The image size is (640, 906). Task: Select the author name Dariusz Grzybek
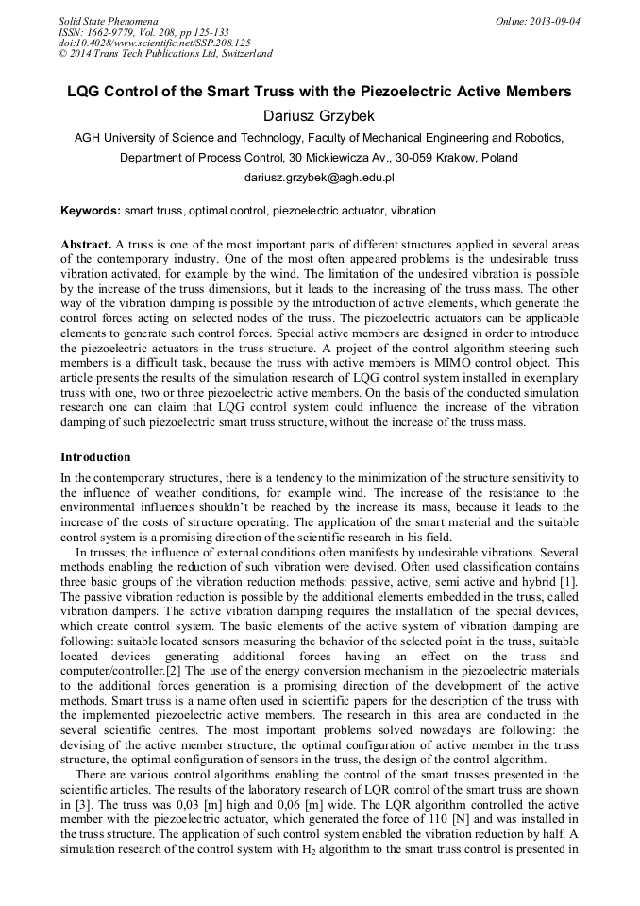pos(319,115)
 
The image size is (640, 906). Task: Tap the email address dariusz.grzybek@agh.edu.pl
pos(319,177)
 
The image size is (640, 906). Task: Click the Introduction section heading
pos(95,456)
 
